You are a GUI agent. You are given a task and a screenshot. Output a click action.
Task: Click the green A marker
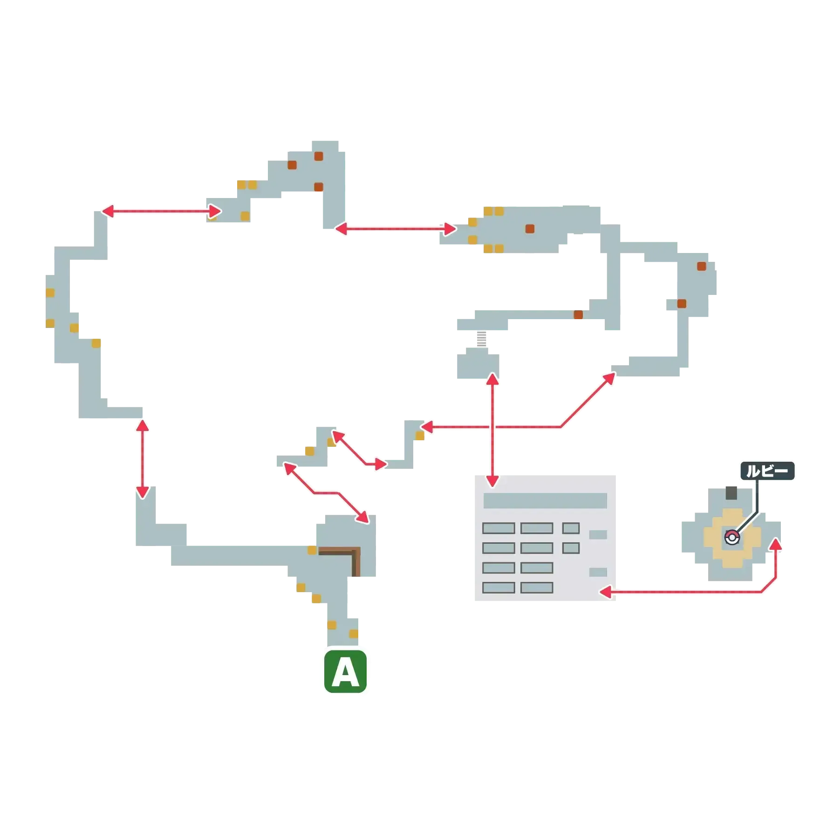tap(345, 672)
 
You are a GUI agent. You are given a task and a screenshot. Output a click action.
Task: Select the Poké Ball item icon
tap(732, 538)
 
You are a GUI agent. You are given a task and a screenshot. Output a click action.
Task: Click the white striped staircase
tap(482, 339)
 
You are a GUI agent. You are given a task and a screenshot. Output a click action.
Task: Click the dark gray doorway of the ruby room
tap(731, 492)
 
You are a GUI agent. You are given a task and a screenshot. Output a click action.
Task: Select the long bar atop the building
tap(545, 500)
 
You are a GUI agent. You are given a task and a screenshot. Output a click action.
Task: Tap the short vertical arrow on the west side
tap(143, 458)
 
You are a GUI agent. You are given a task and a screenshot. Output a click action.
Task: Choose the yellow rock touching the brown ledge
tap(312, 550)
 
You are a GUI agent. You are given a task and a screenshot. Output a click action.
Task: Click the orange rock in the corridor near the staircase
tap(578, 315)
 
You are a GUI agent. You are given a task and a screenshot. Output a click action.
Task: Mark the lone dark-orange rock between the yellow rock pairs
tap(530, 229)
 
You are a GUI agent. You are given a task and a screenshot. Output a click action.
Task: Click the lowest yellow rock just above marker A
tap(354, 634)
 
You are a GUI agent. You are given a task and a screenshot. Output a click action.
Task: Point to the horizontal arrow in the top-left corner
tap(161, 212)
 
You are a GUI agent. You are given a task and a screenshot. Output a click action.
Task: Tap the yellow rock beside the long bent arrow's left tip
tap(420, 437)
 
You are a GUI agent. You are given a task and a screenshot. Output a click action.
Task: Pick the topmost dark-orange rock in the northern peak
tap(319, 156)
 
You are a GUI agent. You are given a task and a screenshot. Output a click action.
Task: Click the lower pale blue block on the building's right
tap(598, 572)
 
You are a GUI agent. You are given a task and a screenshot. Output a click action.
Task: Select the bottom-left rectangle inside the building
tap(499, 588)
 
